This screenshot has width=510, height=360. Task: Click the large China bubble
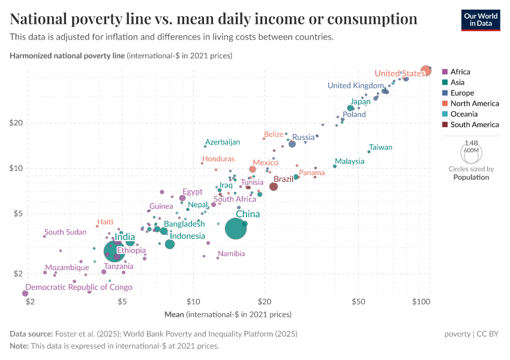(x=236, y=229)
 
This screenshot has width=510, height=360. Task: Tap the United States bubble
(x=425, y=70)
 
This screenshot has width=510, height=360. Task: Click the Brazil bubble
(x=274, y=187)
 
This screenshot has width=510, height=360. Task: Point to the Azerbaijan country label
(x=222, y=142)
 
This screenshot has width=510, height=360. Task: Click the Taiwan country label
(x=380, y=147)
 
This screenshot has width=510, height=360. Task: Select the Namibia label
(x=231, y=254)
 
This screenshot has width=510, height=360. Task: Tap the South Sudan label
(x=65, y=232)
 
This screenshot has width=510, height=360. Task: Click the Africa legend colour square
(x=445, y=72)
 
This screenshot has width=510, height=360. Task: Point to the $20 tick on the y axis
(x=16, y=122)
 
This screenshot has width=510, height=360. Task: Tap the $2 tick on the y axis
(x=18, y=274)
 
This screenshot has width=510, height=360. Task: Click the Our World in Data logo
(x=481, y=19)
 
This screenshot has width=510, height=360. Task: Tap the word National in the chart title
(x=43, y=19)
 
